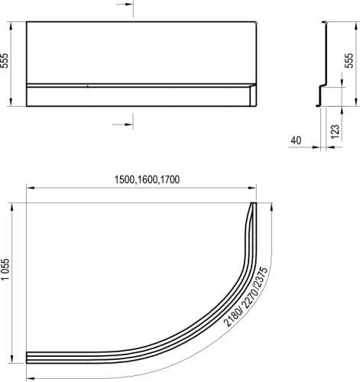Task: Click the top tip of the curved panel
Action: point(254,204)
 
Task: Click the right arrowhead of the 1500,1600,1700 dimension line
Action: point(254,188)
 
